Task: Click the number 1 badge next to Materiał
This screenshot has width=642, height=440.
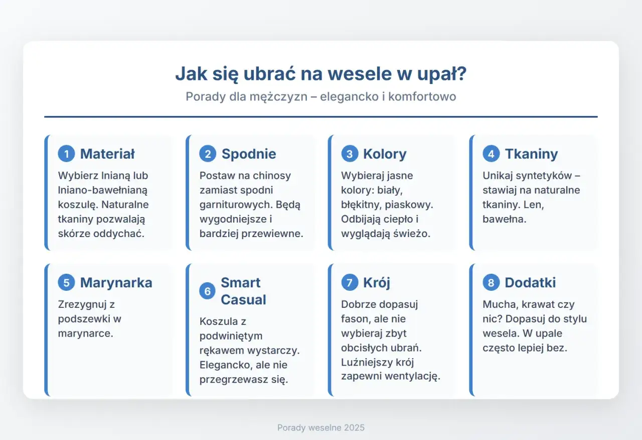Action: pyautogui.click(x=66, y=154)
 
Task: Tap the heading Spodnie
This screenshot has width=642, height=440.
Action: pyautogui.click(x=249, y=154)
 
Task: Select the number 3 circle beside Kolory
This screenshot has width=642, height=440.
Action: pyautogui.click(x=349, y=154)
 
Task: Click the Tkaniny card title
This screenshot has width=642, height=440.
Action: pyautogui.click(x=531, y=154)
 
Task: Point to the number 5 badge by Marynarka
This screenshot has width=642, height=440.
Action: pyautogui.click(x=66, y=282)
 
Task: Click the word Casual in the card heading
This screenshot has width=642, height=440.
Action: pyautogui.click(x=243, y=300)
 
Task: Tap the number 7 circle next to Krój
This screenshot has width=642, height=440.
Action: pyautogui.click(x=349, y=282)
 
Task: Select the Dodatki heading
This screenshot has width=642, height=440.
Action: pyautogui.click(x=530, y=282)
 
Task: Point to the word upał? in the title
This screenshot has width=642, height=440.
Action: pyautogui.click(x=441, y=74)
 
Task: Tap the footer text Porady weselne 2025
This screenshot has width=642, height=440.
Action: pyautogui.click(x=321, y=428)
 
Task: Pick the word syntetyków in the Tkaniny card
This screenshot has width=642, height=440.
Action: pyautogui.click(x=540, y=176)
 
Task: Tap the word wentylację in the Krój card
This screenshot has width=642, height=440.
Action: pyautogui.click(x=414, y=376)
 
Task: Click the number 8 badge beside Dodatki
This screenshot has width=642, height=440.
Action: pyautogui.click(x=491, y=282)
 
